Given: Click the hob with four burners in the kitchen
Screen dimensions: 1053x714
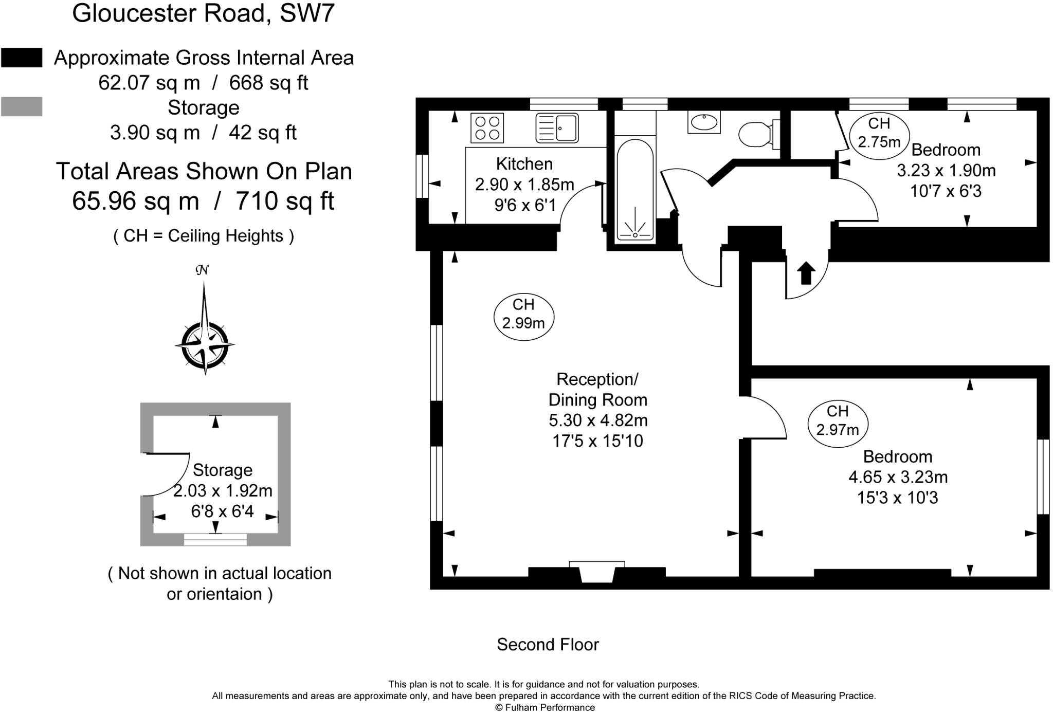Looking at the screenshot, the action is pyautogui.click(x=487, y=128).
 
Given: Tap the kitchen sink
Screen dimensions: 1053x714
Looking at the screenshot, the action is pyautogui.click(x=557, y=127).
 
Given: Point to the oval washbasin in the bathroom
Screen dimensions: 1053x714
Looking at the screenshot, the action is pyautogui.click(x=704, y=122).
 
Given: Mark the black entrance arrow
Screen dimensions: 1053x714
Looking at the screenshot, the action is pyautogui.click(x=806, y=272).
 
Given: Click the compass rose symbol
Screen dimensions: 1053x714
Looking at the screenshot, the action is pyautogui.click(x=205, y=343).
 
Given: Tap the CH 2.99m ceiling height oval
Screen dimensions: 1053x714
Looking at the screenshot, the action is pyautogui.click(x=523, y=314).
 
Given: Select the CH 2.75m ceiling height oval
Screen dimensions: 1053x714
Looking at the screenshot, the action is pyautogui.click(x=879, y=133).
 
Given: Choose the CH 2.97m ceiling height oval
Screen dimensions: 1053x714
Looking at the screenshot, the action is pyautogui.click(x=838, y=420).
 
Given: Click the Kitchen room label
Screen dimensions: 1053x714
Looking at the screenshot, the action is pyautogui.click(x=524, y=164).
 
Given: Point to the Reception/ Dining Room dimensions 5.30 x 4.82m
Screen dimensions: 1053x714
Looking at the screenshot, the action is pyautogui.click(x=598, y=420).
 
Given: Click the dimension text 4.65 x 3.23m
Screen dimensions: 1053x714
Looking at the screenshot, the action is pyautogui.click(x=898, y=478).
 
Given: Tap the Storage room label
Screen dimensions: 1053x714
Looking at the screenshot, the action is pyautogui.click(x=223, y=470).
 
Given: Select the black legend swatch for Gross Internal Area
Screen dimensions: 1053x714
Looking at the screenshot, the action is pyautogui.click(x=22, y=58).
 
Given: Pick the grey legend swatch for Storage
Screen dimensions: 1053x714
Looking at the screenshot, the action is pyautogui.click(x=22, y=107).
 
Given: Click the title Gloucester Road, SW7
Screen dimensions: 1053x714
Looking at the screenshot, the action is pyautogui.click(x=203, y=13).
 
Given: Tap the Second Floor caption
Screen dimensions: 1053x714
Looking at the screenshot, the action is pyautogui.click(x=548, y=645).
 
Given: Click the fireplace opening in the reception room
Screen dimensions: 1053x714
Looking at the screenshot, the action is pyautogui.click(x=597, y=574).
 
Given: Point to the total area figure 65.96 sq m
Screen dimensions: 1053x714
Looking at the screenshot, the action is pyautogui.click(x=135, y=201).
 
